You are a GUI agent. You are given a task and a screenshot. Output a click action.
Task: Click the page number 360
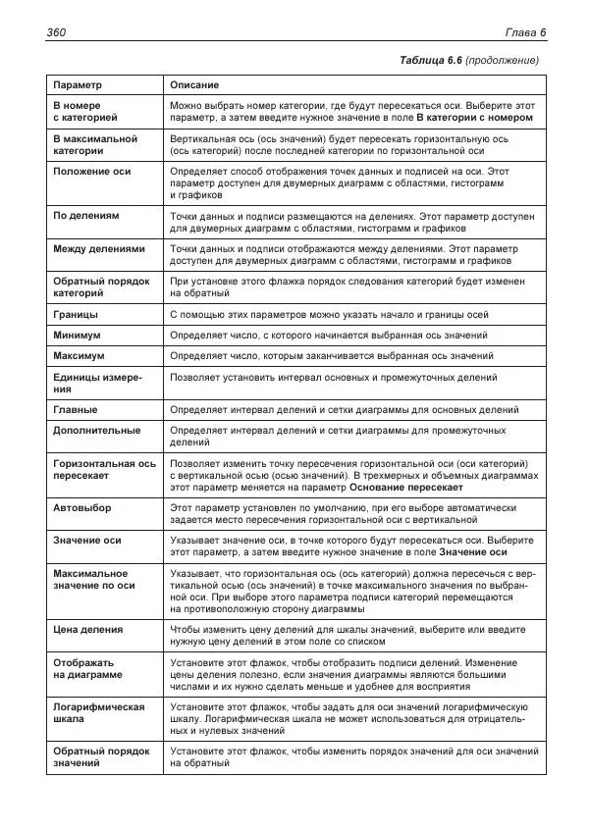(56, 33)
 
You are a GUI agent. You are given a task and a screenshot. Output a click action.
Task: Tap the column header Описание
(194, 85)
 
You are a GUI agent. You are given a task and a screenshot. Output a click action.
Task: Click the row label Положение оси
(91, 172)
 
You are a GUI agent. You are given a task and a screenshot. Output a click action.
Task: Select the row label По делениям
(86, 215)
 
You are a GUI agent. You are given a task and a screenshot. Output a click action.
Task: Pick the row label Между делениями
(98, 249)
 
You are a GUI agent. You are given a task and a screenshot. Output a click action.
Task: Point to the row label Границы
(75, 315)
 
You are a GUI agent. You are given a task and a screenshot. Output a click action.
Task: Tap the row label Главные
(76, 409)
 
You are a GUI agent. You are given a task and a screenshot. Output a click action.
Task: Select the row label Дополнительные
(96, 430)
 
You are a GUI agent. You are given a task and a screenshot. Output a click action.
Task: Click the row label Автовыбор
(81, 508)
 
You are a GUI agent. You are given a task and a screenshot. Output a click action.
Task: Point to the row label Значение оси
(87, 540)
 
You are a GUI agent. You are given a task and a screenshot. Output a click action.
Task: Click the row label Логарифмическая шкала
(98, 713)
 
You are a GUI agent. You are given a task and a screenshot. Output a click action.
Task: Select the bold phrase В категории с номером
(474, 117)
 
